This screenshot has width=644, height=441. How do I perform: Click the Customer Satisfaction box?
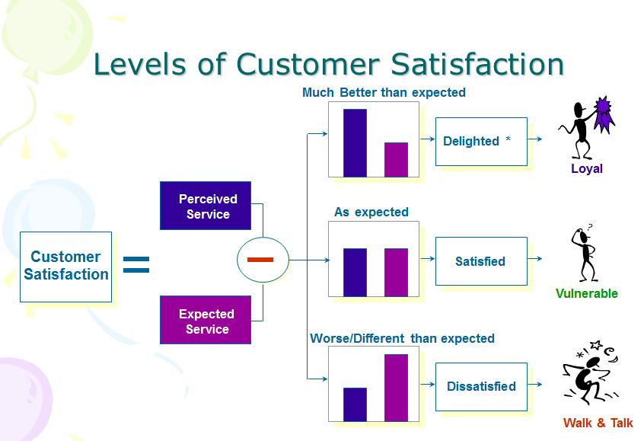[x=65, y=266]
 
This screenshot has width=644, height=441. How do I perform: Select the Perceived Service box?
[x=206, y=206]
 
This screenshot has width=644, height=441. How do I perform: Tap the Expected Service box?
[x=206, y=321]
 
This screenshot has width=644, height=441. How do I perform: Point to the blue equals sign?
[x=136, y=264]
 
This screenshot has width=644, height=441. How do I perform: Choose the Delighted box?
[x=481, y=141]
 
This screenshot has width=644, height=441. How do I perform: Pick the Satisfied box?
[x=481, y=261]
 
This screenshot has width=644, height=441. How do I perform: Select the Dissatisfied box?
[x=481, y=386]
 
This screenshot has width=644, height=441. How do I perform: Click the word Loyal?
[x=587, y=169]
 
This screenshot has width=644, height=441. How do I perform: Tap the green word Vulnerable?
[x=587, y=294]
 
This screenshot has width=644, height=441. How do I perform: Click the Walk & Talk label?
[x=598, y=423]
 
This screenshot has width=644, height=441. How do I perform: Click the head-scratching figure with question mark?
[x=585, y=253]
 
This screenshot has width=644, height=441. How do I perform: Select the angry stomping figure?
[x=591, y=373]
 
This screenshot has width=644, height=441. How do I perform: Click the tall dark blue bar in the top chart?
[x=355, y=143]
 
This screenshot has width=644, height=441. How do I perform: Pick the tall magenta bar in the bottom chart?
[x=396, y=388]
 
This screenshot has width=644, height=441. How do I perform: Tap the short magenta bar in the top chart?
[x=396, y=159]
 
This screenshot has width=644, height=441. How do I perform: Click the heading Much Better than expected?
[x=384, y=93]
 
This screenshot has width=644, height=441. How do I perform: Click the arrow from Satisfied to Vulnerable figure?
[x=535, y=261]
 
